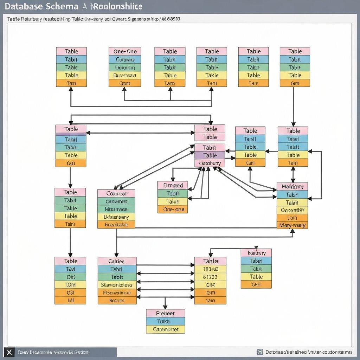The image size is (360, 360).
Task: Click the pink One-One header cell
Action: pos(124,51)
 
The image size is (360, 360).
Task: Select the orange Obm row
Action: pos(124,83)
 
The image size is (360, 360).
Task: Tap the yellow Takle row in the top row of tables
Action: pos(212,75)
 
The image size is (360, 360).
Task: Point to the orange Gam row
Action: pos(295,83)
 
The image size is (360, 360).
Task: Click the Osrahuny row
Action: pos(210,163)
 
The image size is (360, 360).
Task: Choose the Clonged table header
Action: pos(173,185)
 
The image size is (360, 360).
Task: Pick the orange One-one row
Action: pos(173,209)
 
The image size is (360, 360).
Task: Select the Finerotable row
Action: pos(116,225)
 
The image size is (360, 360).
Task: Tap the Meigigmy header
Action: pos(292,186)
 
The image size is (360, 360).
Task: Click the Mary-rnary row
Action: pos(292,225)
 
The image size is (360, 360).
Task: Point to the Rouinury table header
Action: pos(256,253)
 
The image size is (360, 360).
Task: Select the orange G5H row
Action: pos(256,284)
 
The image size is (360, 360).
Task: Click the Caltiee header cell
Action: pos(117,261)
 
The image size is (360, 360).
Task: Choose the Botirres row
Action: pos(117,301)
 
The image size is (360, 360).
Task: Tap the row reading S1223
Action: pos(210,277)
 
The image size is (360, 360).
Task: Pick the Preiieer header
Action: pos(165,313)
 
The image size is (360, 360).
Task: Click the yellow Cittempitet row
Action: pos(165,329)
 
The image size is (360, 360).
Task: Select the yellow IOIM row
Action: pos(70,285)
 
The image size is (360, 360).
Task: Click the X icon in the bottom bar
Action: pos(9,352)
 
